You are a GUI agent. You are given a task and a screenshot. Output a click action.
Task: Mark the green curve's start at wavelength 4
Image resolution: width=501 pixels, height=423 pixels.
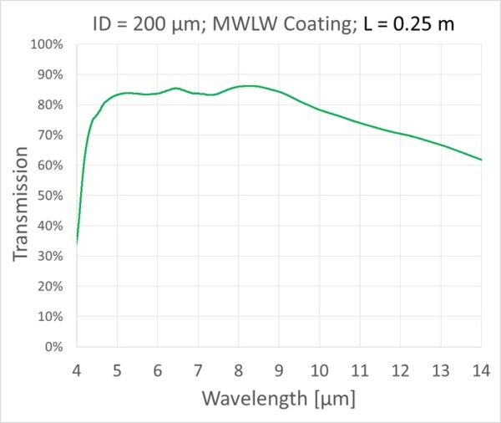pos(77,243)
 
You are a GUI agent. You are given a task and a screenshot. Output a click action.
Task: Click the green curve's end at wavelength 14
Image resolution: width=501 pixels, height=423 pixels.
pos(481,160)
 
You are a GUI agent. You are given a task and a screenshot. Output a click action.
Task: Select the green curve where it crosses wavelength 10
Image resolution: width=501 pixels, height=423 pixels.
pos(319,110)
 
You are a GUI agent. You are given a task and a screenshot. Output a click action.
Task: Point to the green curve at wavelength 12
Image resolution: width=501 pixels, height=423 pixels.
pos(400,134)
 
